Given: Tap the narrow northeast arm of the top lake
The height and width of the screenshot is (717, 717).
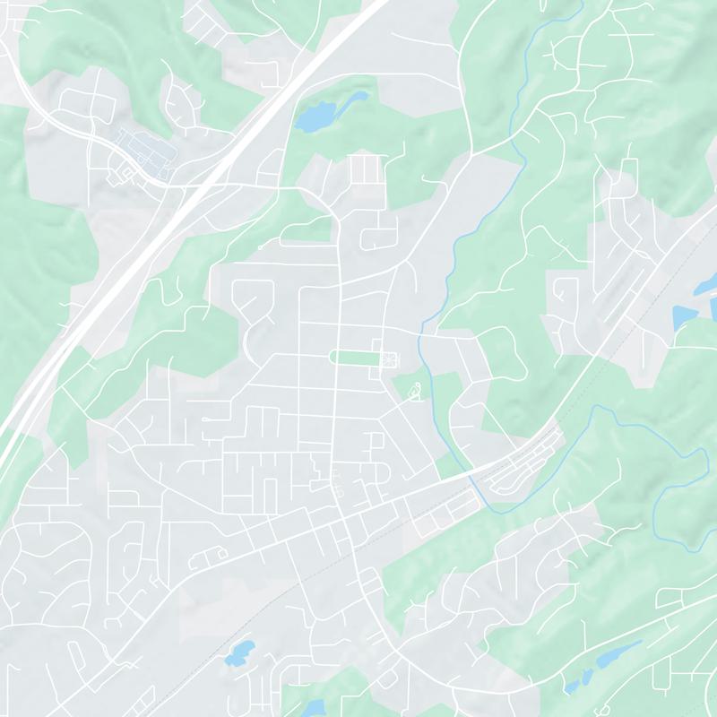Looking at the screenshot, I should [x=357, y=97].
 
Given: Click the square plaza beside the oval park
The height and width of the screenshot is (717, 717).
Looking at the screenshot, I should [x=388, y=358].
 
